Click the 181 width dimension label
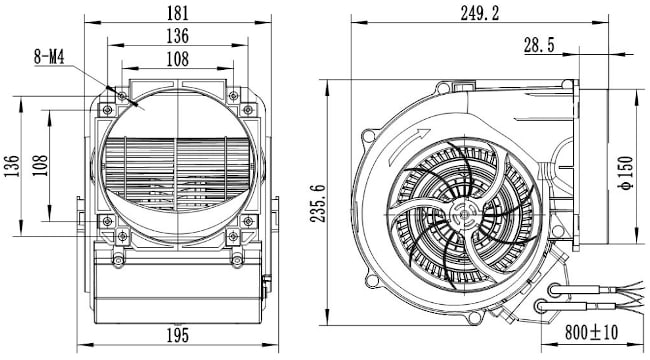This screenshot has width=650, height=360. pos(178,13)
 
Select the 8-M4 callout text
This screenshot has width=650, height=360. pos(49,57)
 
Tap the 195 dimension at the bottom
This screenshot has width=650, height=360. pos(178,335)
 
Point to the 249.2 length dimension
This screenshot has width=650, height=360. pos(480,13)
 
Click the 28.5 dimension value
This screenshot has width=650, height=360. pos(539,45)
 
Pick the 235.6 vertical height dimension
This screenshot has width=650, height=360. pos(318,203)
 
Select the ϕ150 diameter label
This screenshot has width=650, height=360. pos(626,173)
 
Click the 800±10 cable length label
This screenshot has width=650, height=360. pos(591,332)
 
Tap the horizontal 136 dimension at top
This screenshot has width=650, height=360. pos(178,36)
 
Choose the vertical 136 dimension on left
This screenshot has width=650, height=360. pos(12,166)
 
